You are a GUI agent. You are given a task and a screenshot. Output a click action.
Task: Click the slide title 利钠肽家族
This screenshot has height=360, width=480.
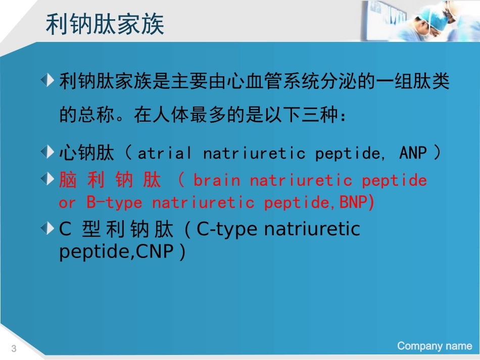(105, 24)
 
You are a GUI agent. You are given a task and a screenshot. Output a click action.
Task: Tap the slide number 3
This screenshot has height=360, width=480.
(14, 348)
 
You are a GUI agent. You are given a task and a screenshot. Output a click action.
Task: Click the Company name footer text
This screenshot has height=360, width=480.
(434, 346)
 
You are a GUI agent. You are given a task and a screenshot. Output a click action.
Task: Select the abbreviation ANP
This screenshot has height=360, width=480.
(413, 153)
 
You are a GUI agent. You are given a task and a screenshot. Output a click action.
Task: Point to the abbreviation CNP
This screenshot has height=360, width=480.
(154, 251)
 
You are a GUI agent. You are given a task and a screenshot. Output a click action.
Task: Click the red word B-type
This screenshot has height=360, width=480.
(114, 203)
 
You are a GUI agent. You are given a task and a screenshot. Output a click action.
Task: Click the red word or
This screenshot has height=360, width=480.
(67, 203)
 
